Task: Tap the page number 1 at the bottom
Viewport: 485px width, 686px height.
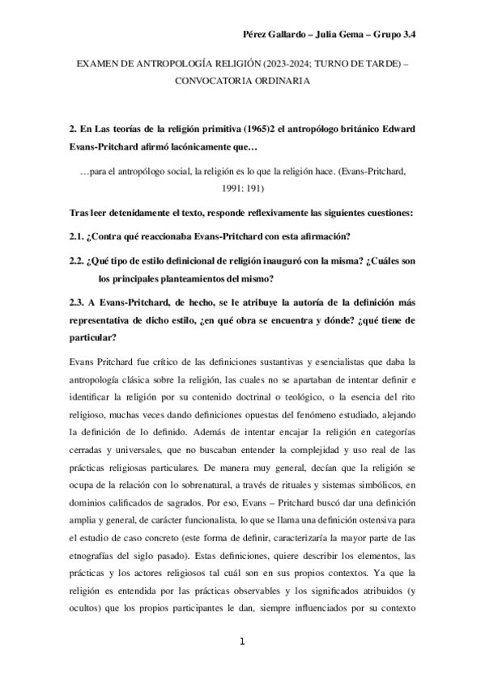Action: [242, 642]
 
